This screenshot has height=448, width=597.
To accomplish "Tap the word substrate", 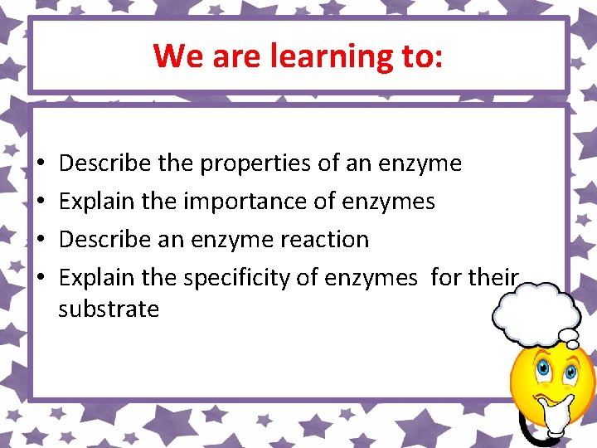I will [x=109, y=309].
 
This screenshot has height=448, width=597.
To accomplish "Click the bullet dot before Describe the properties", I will [x=41, y=164].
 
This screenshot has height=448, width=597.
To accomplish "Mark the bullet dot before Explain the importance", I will [x=41, y=202].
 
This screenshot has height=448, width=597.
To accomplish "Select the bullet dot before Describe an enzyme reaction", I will [x=41, y=240].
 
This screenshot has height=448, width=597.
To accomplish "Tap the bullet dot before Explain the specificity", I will [x=41, y=278].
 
